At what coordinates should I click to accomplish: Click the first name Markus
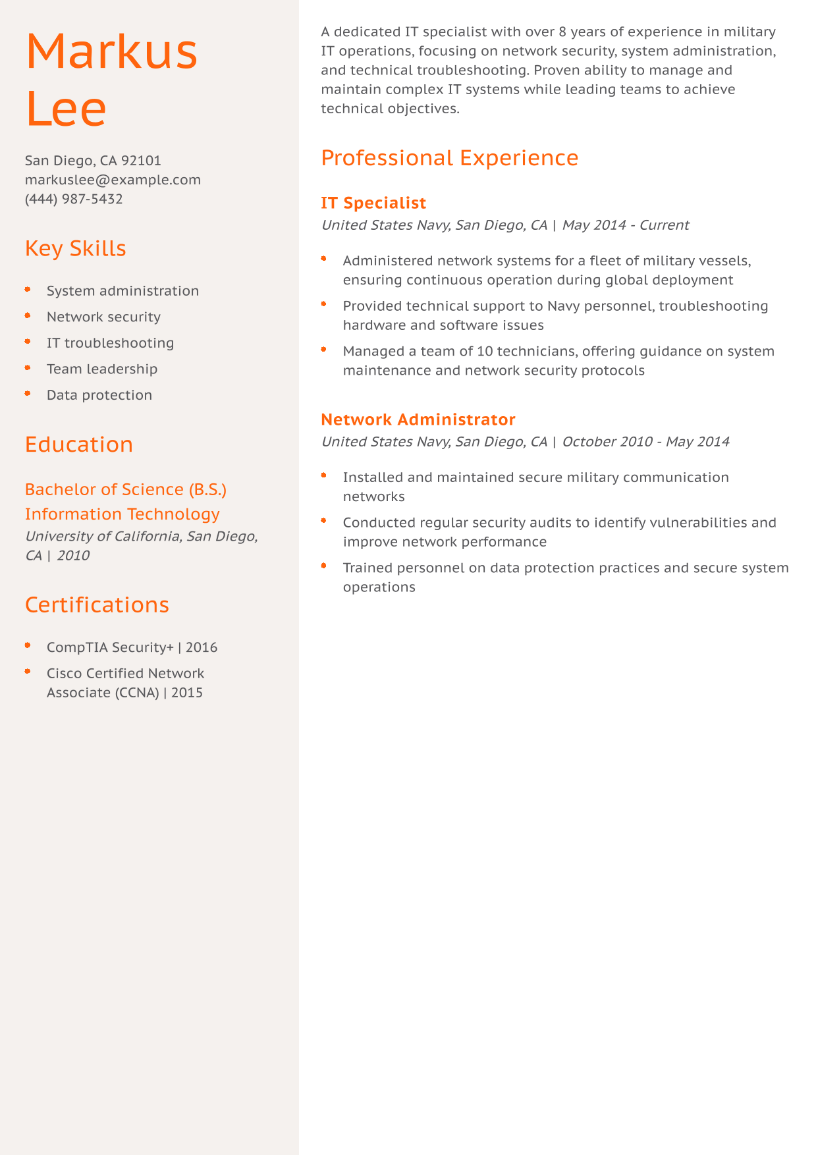(111, 51)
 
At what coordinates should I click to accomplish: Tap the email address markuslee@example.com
(113, 180)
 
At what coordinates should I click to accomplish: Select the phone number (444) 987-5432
(74, 199)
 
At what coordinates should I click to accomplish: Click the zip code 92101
(141, 161)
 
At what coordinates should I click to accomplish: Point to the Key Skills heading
(75, 248)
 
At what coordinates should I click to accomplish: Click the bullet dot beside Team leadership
(28, 367)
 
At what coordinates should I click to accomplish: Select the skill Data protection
(99, 395)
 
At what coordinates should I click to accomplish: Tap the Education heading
(78, 444)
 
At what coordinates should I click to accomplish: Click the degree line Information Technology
(122, 514)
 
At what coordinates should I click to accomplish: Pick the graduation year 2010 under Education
(73, 556)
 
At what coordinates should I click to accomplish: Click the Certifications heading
(97, 604)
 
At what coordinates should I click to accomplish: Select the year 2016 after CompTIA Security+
(202, 647)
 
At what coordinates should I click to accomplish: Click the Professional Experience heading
(449, 158)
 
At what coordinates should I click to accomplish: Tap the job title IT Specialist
(373, 203)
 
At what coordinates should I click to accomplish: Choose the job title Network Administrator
(418, 419)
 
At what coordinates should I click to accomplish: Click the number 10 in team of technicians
(484, 351)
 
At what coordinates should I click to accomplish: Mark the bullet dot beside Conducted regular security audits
(324, 521)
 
